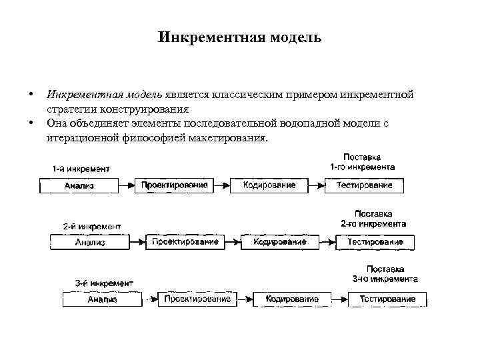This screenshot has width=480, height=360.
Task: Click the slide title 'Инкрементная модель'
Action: click(x=240, y=37)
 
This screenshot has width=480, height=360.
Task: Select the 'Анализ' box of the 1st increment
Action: click(x=79, y=185)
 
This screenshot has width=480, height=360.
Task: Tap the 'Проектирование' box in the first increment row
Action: click(x=175, y=185)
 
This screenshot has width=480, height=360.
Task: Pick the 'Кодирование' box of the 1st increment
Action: click(x=269, y=185)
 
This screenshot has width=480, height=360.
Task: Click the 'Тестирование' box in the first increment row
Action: click(x=364, y=185)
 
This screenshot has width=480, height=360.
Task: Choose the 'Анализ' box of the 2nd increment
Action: click(x=90, y=242)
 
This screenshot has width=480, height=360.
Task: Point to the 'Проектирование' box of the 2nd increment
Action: click(x=185, y=241)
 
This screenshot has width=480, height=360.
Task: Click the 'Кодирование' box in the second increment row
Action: click(x=279, y=241)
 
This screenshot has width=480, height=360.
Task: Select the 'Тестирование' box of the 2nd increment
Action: click(x=375, y=241)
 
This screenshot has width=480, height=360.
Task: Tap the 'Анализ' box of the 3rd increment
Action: click(x=102, y=299)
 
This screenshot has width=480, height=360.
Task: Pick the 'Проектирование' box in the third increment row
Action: click(x=197, y=299)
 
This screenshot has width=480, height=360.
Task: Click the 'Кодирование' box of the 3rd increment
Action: click(x=292, y=299)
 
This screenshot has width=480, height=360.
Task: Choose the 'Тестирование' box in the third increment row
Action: click(x=387, y=299)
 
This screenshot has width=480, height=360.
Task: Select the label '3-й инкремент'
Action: click(x=104, y=283)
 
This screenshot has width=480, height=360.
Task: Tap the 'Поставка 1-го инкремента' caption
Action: click(x=363, y=162)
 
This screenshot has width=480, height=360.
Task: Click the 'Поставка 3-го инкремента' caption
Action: click(x=385, y=274)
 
